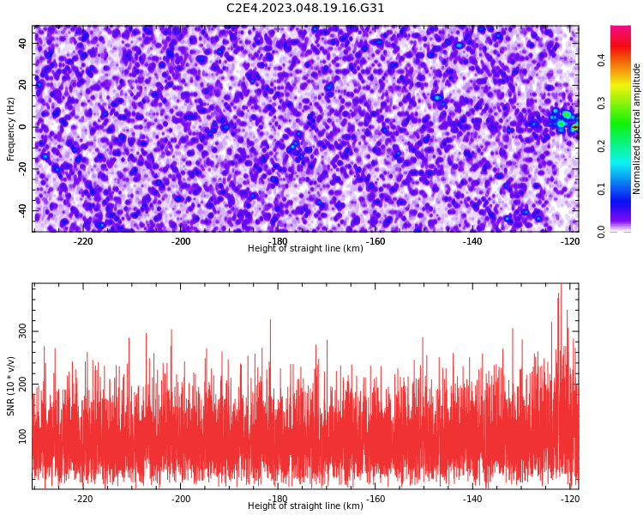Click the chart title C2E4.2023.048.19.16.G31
(x=305, y=8)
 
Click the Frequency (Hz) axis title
(x=10, y=129)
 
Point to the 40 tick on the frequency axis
(x=23, y=43)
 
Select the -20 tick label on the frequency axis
(x=23, y=168)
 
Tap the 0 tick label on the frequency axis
(x=23, y=127)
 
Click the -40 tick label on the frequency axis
(x=23, y=210)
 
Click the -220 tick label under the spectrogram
(x=83, y=241)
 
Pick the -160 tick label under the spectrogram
(x=376, y=241)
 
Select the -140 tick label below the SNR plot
(x=472, y=499)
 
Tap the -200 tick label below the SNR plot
(x=181, y=499)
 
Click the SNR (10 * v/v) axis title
(x=10, y=386)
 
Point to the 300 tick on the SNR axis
(x=23, y=331)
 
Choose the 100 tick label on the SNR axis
(x=23, y=436)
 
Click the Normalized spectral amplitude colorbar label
(x=636, y=129)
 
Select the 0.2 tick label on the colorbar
(x=601, y=146)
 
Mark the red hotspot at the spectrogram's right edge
(x=575, y=127)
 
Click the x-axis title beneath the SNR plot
(x=305, y=506)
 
